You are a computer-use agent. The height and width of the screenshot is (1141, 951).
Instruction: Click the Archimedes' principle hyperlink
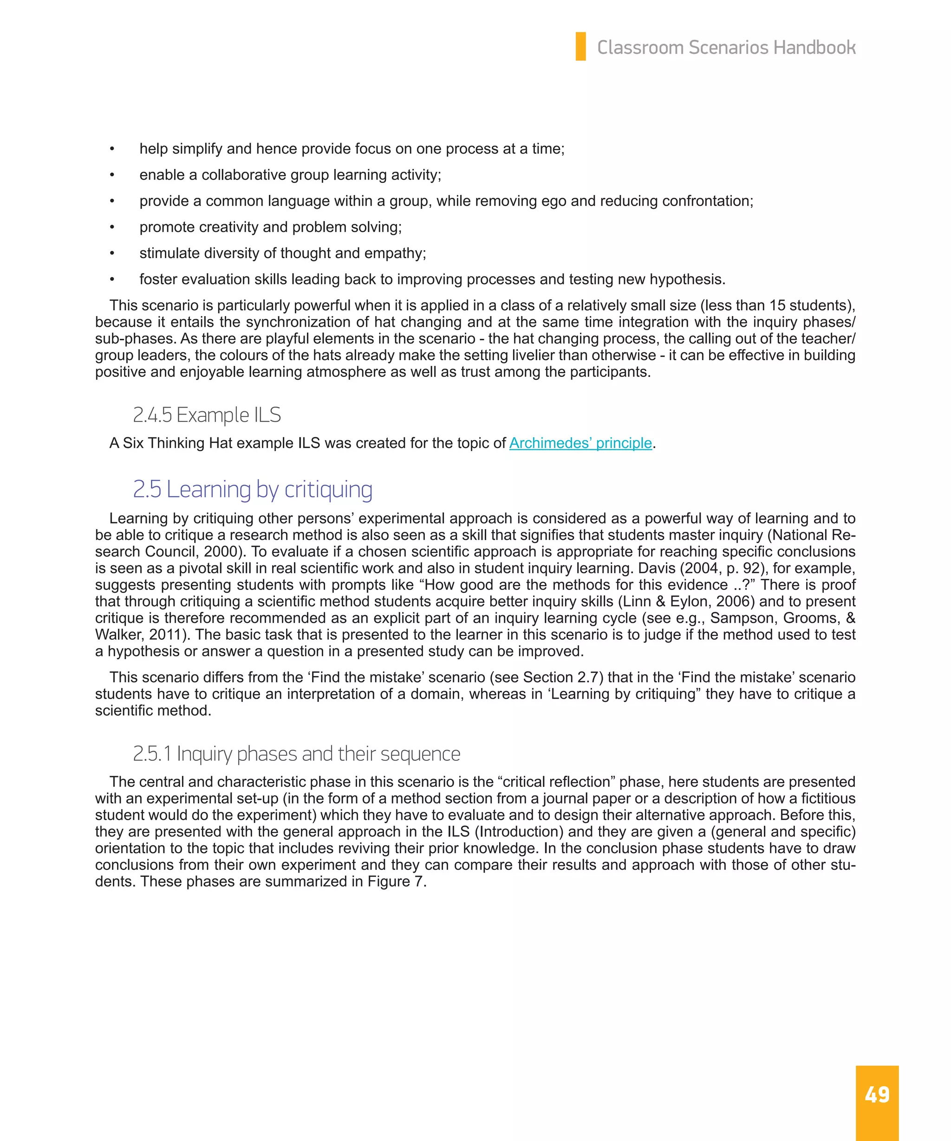(580, 443)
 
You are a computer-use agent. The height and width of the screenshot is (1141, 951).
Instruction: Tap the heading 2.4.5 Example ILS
(207, 415)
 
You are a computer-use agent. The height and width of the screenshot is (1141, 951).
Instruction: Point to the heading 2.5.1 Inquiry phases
(296, 753)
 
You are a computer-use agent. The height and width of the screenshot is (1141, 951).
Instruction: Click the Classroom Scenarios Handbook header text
(726, 47)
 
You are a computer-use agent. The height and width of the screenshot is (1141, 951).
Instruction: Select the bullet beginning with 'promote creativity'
(270, 227)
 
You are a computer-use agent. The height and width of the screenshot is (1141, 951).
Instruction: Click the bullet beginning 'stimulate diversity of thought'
(283, 253)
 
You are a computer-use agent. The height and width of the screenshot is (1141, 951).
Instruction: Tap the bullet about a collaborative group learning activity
(290, 175)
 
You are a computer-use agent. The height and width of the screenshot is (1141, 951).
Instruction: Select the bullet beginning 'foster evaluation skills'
(432, 279)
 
